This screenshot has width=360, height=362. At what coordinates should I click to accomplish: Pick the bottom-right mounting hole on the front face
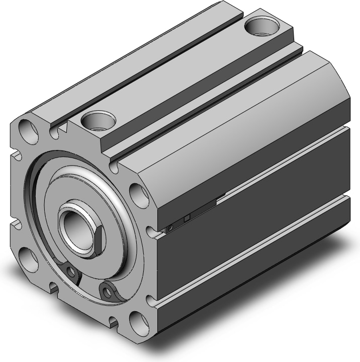(137, 320)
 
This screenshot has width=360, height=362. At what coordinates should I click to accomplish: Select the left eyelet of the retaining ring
(71, 272)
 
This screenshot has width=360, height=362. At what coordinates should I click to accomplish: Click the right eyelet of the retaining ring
(106, 289)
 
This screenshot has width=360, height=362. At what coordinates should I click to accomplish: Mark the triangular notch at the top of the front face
(62, 130)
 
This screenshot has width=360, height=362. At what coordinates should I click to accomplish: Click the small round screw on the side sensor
(170, 228)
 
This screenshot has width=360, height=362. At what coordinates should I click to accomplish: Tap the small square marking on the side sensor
(187, 218)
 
